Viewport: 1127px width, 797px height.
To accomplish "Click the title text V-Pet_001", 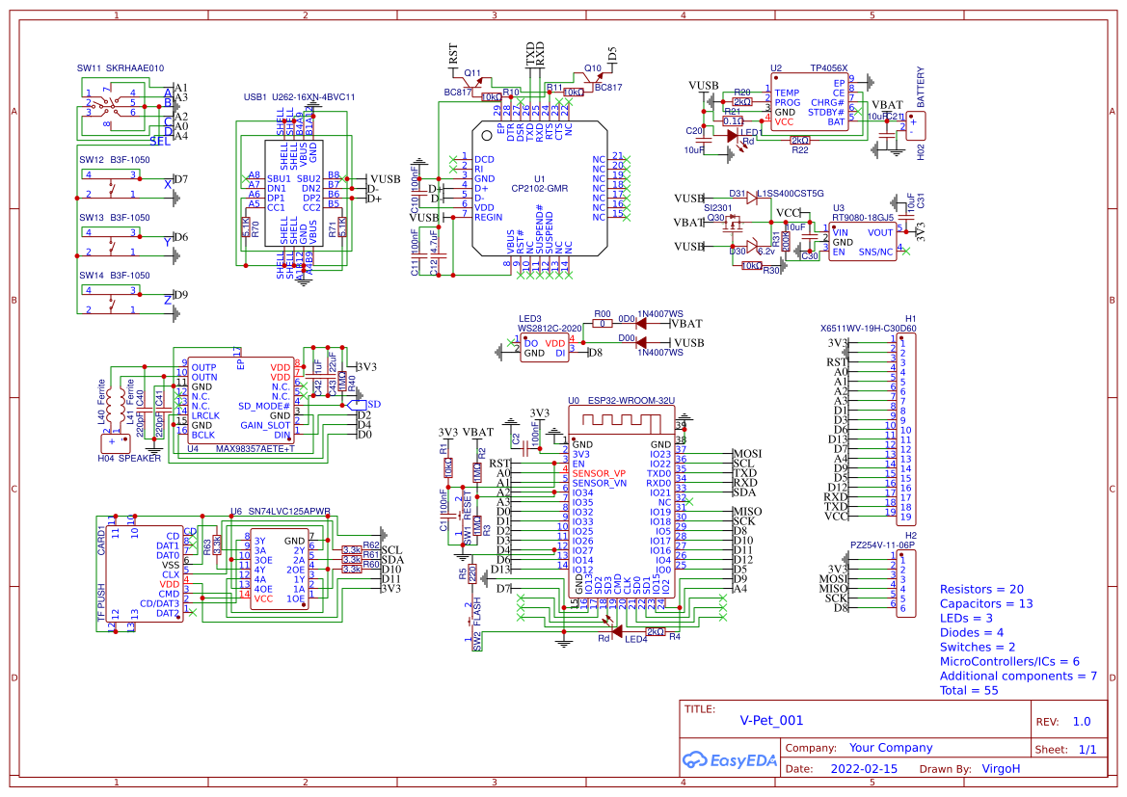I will pos(771,720).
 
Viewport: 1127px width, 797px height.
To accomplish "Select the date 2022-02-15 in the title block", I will pos(863,769).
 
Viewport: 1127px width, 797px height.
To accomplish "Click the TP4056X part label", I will pos(828,68).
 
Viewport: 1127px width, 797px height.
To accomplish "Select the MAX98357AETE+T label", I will pos(255,448).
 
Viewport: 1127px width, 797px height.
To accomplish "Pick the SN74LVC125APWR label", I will pos(288,512).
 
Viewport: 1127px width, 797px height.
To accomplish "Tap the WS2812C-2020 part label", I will pos(550,329).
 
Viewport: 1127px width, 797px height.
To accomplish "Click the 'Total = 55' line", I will pos(969,690).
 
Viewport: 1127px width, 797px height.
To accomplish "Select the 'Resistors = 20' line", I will pos(981,589).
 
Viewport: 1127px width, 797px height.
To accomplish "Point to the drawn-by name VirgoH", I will pos(1001,769).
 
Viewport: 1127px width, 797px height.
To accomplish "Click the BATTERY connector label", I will pos(921,88).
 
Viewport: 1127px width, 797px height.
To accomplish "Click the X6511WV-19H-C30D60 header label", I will pos(868,328).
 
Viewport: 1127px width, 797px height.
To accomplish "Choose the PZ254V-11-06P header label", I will pos(882,545).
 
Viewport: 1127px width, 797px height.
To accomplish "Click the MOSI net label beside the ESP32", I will pos(747,454).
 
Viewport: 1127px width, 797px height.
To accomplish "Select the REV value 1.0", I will pos(1082,722).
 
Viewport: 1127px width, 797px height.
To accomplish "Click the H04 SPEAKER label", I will pos(129,459).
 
